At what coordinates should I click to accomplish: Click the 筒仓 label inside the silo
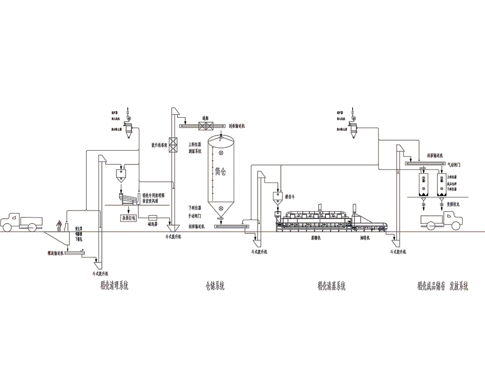pos(221,172)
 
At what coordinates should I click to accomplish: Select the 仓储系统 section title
pos(215,286)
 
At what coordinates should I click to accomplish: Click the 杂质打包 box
pos(128,218)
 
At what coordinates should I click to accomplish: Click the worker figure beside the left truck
pos(60,226)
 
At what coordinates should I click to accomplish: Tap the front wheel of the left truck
pos(32,226)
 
